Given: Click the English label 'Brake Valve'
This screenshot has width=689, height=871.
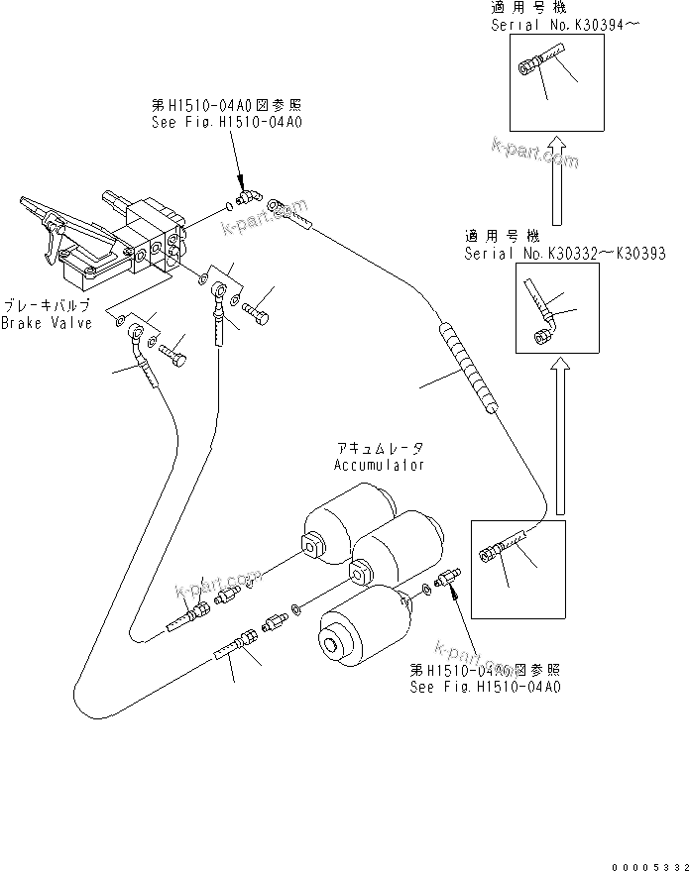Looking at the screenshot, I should (46, 323).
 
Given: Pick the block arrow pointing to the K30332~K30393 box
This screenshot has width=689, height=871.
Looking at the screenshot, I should (562, 435).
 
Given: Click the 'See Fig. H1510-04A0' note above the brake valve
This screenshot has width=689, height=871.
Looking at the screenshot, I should (226, 122).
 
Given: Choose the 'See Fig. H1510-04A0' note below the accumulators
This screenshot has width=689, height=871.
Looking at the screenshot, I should (485, 685).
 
